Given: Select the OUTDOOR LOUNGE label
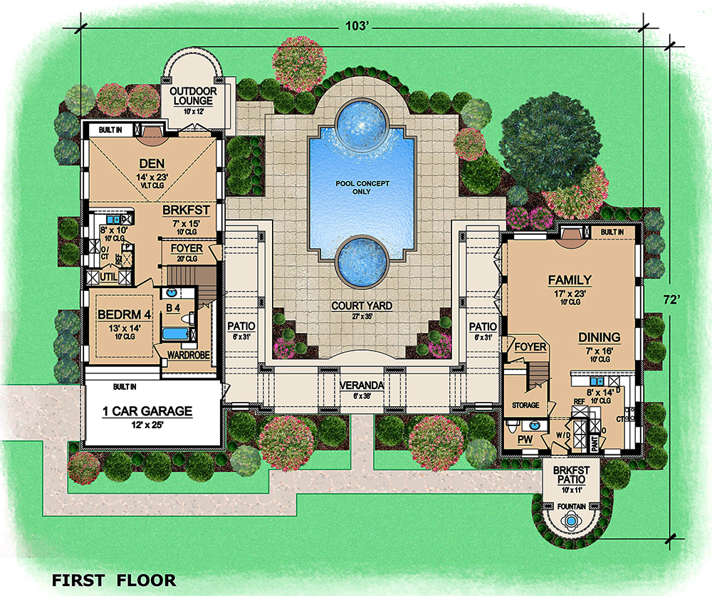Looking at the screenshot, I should click(192, 96).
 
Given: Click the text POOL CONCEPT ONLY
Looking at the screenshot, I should click(363, 188).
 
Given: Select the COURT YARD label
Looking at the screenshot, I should click(362, 306).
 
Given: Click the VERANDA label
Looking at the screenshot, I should click(362, 385).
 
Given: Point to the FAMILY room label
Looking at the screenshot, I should click(570, 280).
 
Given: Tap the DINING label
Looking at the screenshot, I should click(599, 337).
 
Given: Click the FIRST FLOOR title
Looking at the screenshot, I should click(114, 580).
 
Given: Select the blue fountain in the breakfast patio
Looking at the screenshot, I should click(570, 521).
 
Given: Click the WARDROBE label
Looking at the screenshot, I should click(187, 353).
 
